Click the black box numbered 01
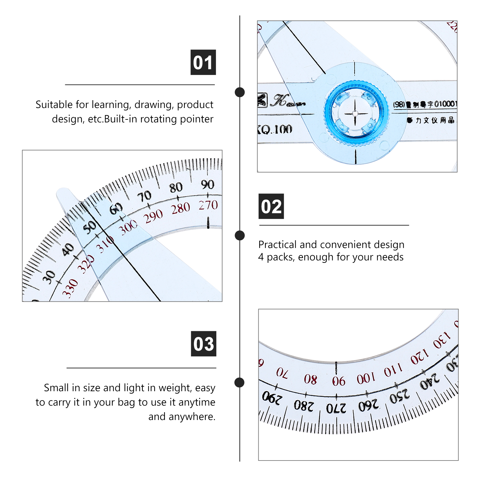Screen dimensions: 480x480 [x=203, y=62]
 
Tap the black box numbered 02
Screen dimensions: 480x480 [x=271, y=206]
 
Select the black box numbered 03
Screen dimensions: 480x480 [x=203, y=344]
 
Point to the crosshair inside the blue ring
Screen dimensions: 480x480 [x=355, y=113]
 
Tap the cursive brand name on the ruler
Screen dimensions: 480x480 [x=288, y=101]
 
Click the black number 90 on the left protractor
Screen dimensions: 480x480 [x=208, y=184]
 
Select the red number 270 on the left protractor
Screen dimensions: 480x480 [x=208, y=205]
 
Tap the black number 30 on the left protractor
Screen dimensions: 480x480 [x=49, y=277]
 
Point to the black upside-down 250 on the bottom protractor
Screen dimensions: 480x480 [x=399, y=397]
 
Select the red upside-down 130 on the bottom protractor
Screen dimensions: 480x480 [x=442, y=340]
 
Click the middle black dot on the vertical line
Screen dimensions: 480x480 [x=240, y=235]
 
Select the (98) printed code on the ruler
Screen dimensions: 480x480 [x=399, y=104]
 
